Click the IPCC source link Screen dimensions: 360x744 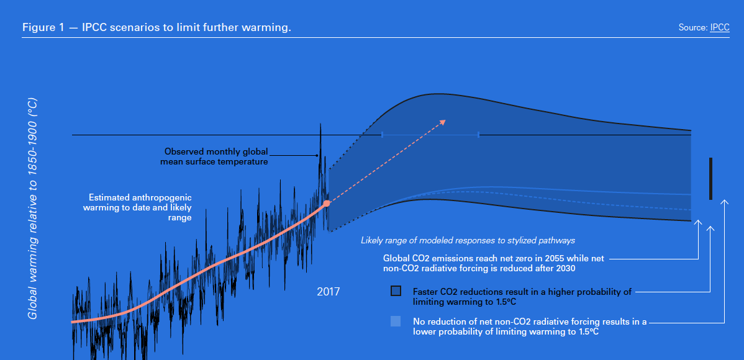[719, 28]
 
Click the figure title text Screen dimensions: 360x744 [157, 28]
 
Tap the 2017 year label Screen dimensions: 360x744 [328, 291]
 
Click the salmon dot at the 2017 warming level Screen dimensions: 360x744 [327, 203]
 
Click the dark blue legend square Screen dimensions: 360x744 [396, 291]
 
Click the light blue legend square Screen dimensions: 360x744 [396, 322]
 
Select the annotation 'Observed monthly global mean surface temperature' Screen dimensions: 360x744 [216, 156]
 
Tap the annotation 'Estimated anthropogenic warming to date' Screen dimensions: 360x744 [138, 208]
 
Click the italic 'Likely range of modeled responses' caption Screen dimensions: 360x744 [468, 240]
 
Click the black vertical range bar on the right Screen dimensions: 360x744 [710, 179]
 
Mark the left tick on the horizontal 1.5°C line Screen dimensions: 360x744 [382, 134]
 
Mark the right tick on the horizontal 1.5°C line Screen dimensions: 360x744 [478, 134]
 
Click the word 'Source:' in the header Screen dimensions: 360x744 [693, 28]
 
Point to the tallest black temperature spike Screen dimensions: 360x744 [320, 127]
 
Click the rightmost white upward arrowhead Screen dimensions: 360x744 [724, 203]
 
